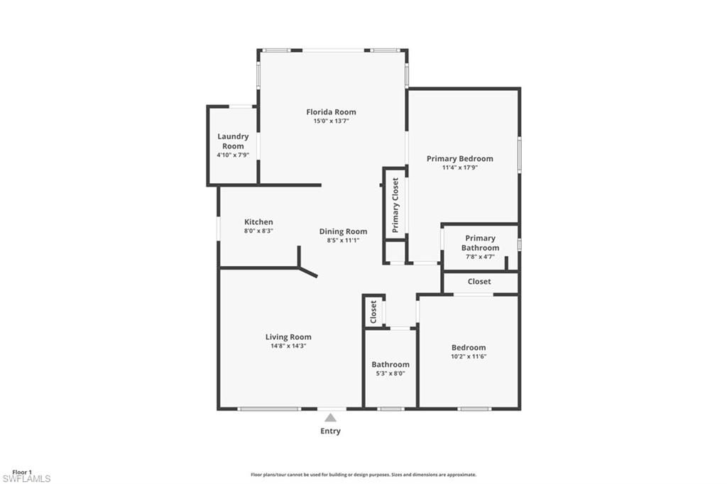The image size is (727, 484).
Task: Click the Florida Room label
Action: [x=331, y=112]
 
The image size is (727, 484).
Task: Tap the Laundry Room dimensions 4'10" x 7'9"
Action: [x=233, y=155]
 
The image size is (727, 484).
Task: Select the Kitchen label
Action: [x=258, y=222]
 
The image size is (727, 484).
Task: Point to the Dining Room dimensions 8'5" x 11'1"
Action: [x=343, y=241]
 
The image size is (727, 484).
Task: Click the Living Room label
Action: [x=288, y=337]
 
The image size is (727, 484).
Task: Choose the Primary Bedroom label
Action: [x=459, y=158]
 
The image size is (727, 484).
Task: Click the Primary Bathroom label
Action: [x=480, y=243]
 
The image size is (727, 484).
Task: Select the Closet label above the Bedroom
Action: [x=479, y=282]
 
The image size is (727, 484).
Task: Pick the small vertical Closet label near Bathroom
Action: [x=373, y=312]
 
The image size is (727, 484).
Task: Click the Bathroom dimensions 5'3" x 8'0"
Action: [x=390, y=373]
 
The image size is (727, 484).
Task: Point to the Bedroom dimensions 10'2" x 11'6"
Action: [x=469, y=356]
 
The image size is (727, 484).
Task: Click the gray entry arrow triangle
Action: [x=330, y=418]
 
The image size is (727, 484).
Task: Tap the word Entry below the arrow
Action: [x=330, y=431]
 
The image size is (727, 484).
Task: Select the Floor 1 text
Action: [x=22, y=472]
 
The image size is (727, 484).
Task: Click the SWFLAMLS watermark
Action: [x=26, y=479]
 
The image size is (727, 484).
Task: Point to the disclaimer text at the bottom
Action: [x=363, y=475]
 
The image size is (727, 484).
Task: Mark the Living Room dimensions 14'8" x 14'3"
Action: [x=288, y=346]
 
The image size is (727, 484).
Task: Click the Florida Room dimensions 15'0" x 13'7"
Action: [x=331, y=121]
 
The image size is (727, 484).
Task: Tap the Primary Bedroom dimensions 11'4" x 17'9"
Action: [x=459, y=168]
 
